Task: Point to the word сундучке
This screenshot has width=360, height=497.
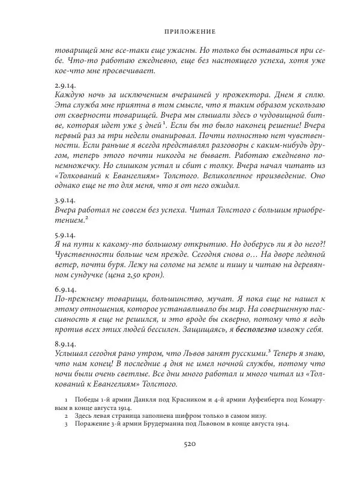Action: pos(75,275)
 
